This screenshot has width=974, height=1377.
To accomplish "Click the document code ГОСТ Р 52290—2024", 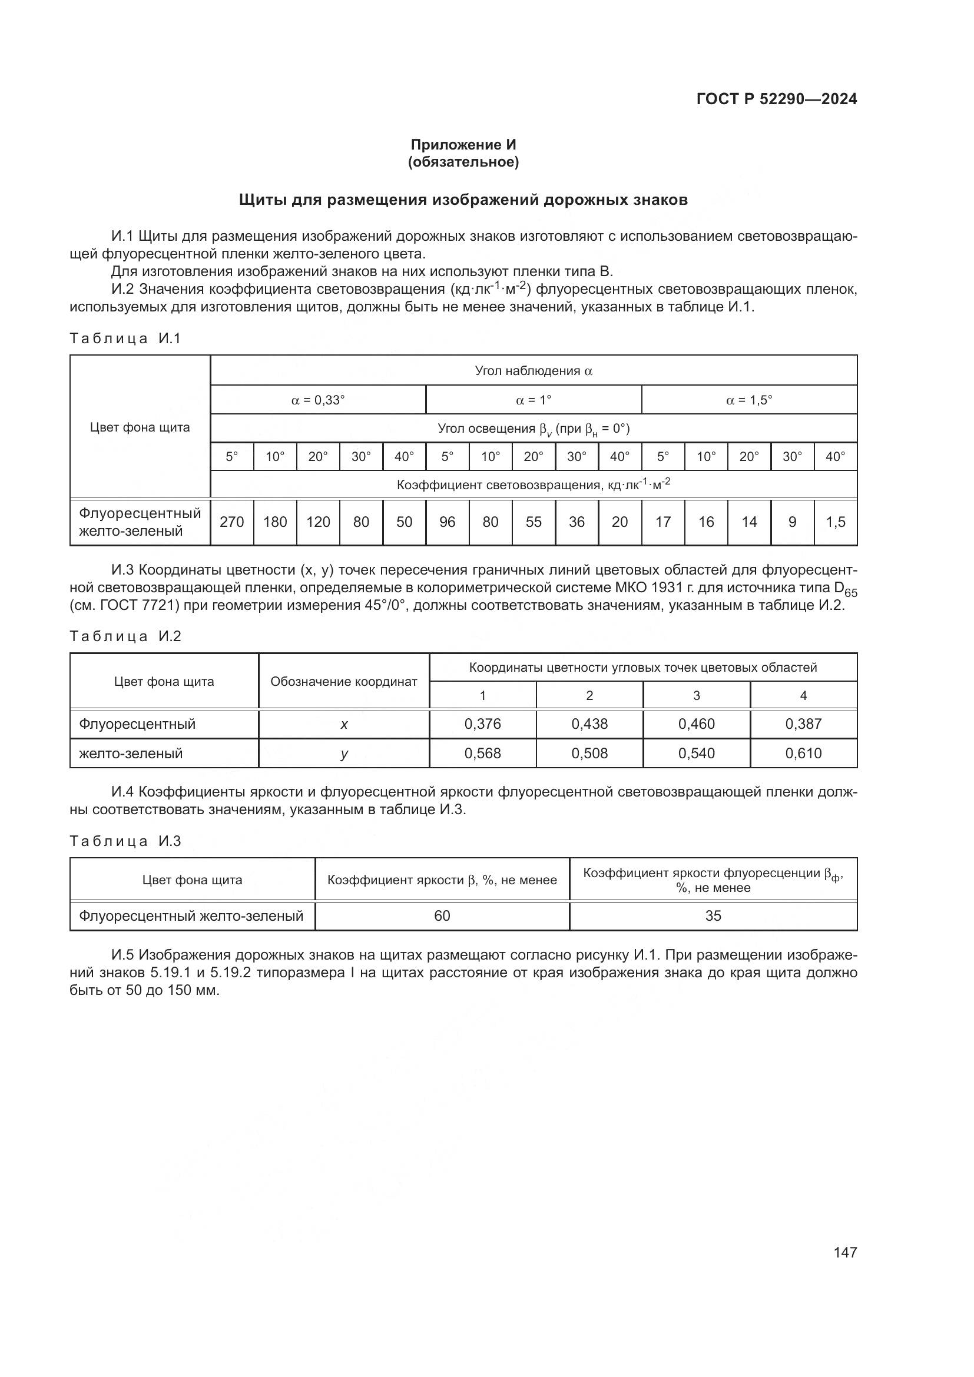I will (776, 99).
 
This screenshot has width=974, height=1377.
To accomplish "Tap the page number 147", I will (844, 1252).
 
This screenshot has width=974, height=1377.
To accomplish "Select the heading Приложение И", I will (463, 145).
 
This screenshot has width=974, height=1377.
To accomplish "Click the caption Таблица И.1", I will (125, 339).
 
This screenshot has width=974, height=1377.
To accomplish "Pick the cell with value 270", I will (231, 522).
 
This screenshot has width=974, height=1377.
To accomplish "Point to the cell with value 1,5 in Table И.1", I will (835, 522).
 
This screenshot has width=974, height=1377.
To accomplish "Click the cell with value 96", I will (448, 522).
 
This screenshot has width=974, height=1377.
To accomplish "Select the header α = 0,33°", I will (318, 400).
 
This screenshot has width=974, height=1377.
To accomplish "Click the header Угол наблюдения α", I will (533, 371).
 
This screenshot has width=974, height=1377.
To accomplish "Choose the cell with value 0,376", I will (482, 724).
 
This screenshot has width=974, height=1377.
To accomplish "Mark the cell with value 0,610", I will (803, 754).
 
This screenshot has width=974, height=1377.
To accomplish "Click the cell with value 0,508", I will (589, 754).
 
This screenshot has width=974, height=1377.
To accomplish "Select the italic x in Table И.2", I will (344, 725).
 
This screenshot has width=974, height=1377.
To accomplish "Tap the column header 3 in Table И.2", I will (696, 696).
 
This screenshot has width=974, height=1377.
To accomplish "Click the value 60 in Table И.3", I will (442, 916).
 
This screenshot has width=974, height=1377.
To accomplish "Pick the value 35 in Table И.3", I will (713, 916).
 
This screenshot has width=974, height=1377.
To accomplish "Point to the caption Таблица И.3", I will (125, 841).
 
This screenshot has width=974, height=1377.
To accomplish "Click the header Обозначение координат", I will (344, 682).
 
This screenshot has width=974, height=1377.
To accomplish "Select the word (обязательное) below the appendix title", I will (463, 162).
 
